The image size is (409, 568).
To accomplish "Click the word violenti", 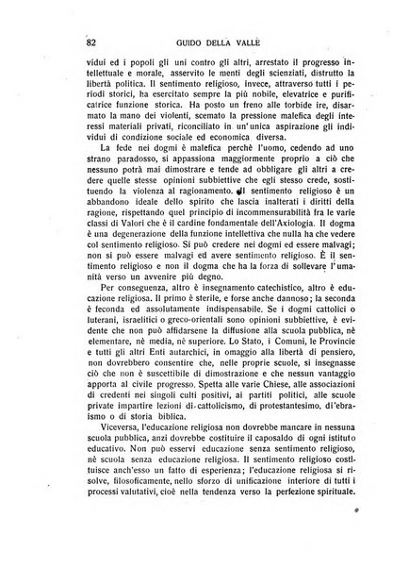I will point(175,151).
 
